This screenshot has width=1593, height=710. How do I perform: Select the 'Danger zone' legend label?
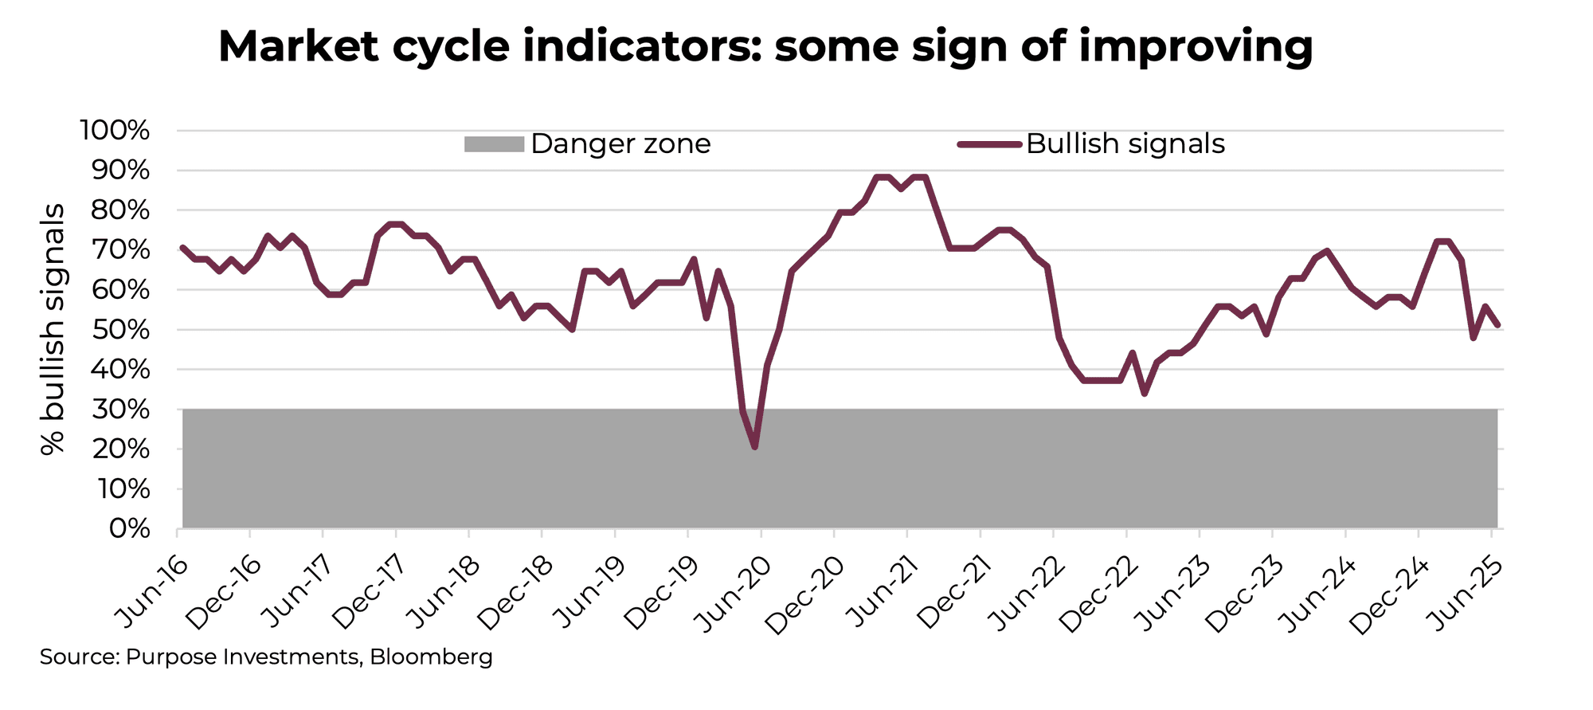[620, 143]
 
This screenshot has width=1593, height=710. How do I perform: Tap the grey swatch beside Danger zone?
[494, 144]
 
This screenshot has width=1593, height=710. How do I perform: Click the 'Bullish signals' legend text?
[1125, 143]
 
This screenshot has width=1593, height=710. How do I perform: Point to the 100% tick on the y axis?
[115, 130]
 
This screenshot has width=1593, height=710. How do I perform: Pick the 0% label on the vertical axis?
[129, 529]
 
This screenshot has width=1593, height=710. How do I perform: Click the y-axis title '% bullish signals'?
[53, 329]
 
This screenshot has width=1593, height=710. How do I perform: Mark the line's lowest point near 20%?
[754, 447]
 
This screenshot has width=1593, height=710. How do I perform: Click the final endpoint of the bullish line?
[1498, 325]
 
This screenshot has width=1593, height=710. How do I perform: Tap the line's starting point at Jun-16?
[183, 248]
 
